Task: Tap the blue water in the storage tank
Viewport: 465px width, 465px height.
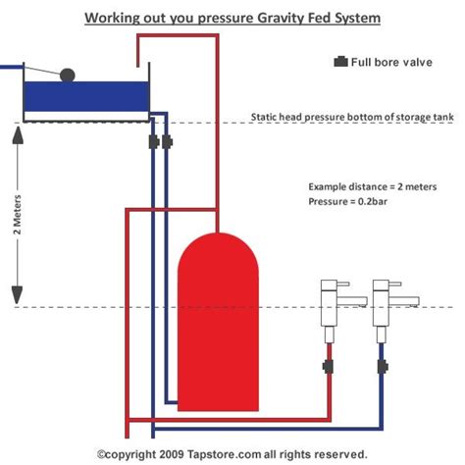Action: tap(84, 96)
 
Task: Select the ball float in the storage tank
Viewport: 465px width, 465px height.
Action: tap(68, 74)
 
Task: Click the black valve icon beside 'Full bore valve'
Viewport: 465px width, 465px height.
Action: tap(340, 61)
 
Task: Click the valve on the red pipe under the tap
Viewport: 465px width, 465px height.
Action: tap(331, 369)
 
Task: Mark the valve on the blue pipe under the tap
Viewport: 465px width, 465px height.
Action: tap(382, 369)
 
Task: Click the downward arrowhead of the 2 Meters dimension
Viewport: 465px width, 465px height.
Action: tap(17, 292)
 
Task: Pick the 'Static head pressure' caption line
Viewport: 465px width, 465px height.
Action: tap(350, 116)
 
